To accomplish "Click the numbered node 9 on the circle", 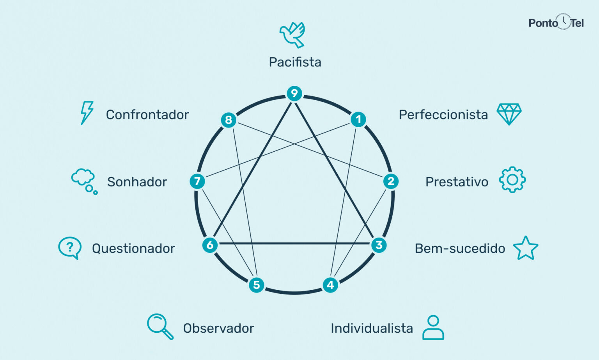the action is pyautogui.click(x=294, y=93).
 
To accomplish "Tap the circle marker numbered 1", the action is pyautogui.click(x=358, y=119).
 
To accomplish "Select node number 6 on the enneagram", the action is pyautogui.click(x=210, y=245).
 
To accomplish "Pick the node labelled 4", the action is pyautogui.click(x=330, y=285).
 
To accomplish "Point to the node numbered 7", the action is pyautogui.click(x=197, y=181).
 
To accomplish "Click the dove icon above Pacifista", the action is pyautogui.click(x=292, y=35).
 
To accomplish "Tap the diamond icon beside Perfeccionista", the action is pyautogui.click(x=509, y=114).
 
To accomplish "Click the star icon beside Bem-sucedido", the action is pyautogui.click(x=526, y=248).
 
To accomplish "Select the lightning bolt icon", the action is pyautogui.click(x=87, y=113).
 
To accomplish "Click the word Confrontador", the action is pyautogui.click(x=147, y=115).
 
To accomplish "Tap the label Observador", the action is pyautogui.click(x=218, y=328).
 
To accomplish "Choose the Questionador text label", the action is pyautogui.click(x=133, y=248).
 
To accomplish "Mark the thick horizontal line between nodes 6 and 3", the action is pyautogui.click(x=294, y=243).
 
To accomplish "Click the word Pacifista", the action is pyautogui.click(x=295, y=62).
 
